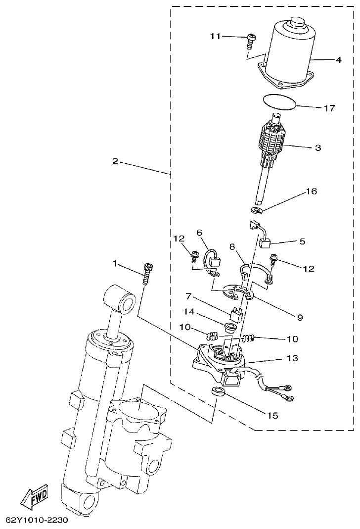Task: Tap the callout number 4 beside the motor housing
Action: [x=338, y=60]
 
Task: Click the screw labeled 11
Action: [x=251, y=40]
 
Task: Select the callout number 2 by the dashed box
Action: [x=115, y=161]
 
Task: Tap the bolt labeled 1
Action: [x=147, y=274]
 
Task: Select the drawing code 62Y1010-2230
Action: [x=37, y=521]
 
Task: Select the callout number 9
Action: [x=300, y=317]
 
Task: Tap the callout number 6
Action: [x=200, y=233]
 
